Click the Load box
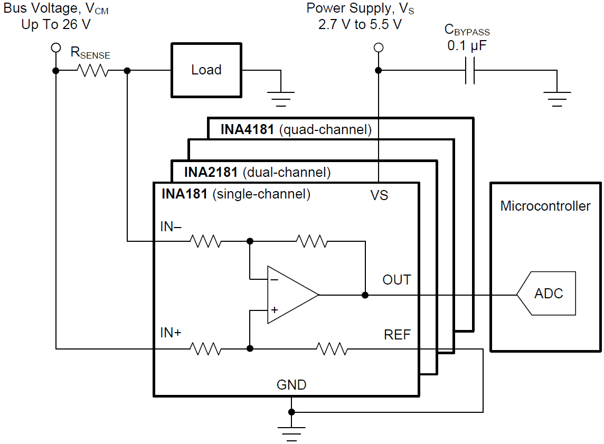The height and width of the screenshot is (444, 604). click(206, 70)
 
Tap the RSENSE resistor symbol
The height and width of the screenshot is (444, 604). click(93, 70)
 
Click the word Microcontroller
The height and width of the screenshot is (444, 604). click(545, 206)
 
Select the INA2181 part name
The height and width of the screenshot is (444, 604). click(211, 172)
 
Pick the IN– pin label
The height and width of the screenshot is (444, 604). click(171, 227)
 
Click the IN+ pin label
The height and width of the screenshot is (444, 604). click(171, 333)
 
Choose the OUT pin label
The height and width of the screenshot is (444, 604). click(397, 280)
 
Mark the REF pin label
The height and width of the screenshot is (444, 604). click(397, 335)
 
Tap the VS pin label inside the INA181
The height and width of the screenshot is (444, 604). click(379, 195)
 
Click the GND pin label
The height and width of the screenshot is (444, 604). click(291, 385)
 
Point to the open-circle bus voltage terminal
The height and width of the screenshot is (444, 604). click(55, 48)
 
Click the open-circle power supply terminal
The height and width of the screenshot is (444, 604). click(378, 48)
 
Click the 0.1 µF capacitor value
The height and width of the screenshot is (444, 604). click(467, 46)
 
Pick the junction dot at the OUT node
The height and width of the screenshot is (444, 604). click(365, 295)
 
